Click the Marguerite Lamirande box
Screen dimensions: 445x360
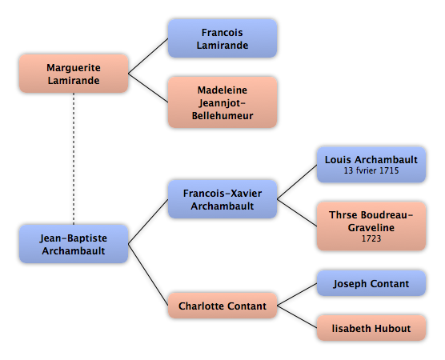tap(74, 74)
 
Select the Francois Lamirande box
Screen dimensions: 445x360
tap(222, 38)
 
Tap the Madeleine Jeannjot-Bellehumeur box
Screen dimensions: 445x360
tap(222, 102)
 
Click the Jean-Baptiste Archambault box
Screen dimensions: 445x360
tap(74, 244)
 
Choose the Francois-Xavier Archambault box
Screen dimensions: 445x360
tap(222, 199)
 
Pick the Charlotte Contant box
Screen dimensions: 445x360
tap(222, 306)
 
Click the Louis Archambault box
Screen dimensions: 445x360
tap(371, 165)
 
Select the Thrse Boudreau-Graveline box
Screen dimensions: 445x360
tap(371, 226)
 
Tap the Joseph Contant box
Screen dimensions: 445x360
tap(371, 283)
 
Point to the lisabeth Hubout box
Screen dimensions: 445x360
tap(371, 328)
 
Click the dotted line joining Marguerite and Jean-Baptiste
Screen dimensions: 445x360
tap(74, 159)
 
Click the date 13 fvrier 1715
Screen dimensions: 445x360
tap(371, 170)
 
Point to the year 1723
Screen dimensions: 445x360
tap(371, 238)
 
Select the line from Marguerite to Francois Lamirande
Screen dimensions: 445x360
tap(148, 56)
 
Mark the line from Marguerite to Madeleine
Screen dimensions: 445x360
tap(148, 88)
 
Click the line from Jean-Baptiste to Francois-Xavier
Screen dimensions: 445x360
tap(148, 222)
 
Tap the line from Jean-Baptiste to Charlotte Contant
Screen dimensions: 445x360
tap(148, 274)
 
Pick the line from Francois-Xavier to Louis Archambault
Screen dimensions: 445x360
tap(297, 182)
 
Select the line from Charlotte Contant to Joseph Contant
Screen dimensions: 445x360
tap(297, 294)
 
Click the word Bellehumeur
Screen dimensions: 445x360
tap(222, 115)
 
